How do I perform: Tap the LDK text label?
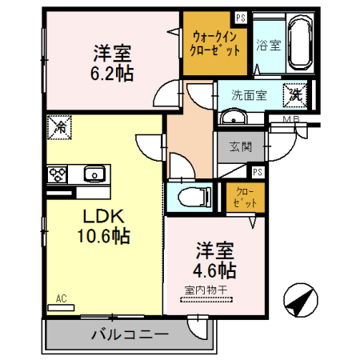pyautogui.click(x=99, y=217)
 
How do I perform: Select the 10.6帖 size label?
pyautogui.click(x=102, y=237)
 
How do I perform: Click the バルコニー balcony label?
pyautogui.click(x=129, y=334)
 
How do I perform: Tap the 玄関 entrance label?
pyautogui.click(x=240, y=146)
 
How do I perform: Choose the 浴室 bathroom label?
pyautogui.click(x=267, y=45)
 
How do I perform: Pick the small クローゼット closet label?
pyautogui.click(x=242, y=197)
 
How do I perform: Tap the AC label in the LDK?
pyautogui.click(x=60, y=299)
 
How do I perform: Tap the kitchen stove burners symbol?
pyautogui.click(x=58, y=173)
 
